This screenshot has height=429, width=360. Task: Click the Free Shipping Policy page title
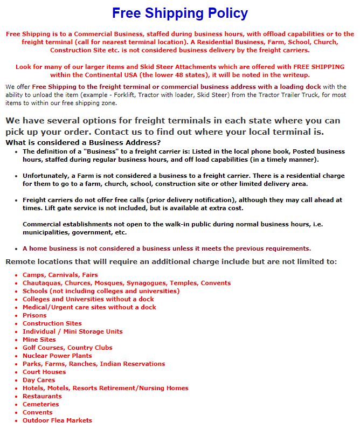click(180, 13)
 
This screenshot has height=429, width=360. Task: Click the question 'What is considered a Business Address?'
click(83, 142)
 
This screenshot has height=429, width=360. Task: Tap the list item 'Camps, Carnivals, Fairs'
click(60, 275)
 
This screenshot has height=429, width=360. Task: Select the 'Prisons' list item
click(34, 315)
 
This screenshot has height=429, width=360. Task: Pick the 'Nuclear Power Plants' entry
click(57, 356)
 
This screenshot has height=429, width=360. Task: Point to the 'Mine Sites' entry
click(39, 340)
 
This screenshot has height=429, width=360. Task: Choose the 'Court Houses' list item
click(44, 372)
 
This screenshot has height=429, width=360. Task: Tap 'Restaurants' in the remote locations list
click(42, 396)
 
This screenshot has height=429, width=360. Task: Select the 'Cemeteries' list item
click(40, 404)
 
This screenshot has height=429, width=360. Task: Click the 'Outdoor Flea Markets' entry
click(57, 420)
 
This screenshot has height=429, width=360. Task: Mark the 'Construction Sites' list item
click(52, 323)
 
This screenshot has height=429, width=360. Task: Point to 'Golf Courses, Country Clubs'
click(67, 348)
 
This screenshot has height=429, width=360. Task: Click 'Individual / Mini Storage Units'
click(72, 331)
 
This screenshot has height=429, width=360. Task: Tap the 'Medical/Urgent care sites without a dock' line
click(89, 307)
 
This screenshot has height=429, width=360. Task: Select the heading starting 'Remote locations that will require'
click(171, 261)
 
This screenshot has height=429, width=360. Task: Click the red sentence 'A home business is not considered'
click(167, 248)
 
